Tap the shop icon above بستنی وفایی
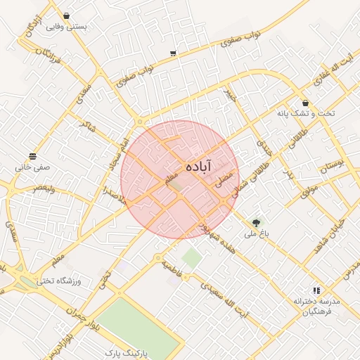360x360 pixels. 66,15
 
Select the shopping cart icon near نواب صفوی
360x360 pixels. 173,53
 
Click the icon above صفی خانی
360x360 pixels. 32,156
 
